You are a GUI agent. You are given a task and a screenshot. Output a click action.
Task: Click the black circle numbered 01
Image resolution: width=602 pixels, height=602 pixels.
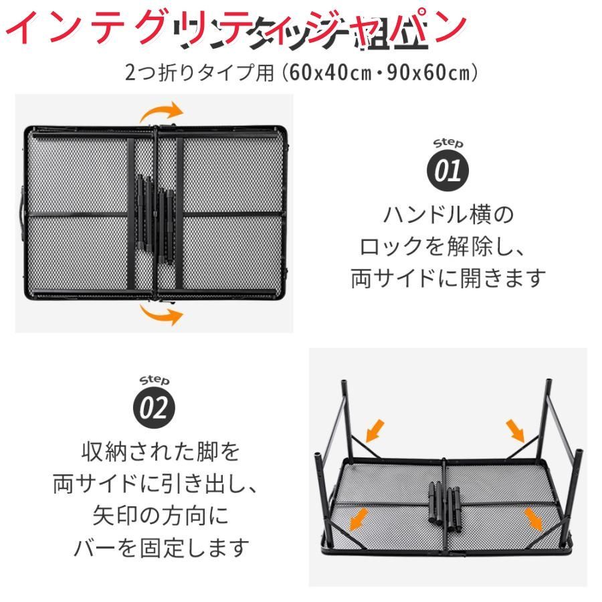448,171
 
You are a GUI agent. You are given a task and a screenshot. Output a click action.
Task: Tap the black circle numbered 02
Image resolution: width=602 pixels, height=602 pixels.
155,408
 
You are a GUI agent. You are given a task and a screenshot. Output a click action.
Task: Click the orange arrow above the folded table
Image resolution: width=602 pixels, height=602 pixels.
163,111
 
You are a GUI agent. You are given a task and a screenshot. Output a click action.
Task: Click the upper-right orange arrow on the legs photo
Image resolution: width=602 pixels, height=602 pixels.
516,429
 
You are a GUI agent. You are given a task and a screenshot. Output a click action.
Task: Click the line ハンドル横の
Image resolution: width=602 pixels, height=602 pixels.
448,215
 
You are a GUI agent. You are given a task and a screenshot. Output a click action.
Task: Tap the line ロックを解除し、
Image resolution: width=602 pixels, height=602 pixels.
448,247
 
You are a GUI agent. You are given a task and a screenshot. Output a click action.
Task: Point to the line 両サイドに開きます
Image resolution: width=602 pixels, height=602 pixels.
448,278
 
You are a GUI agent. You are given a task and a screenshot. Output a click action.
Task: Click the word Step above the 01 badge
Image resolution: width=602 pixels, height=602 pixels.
448,144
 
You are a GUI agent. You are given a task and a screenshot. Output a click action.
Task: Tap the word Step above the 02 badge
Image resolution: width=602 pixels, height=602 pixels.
155,381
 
